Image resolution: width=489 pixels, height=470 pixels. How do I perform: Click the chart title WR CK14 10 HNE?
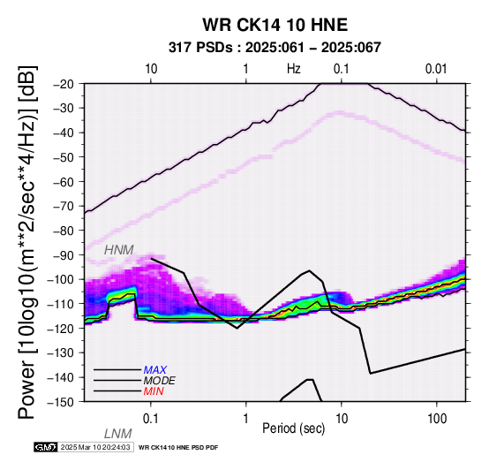pos(275,25)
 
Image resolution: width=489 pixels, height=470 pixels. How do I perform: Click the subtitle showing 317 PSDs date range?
pos(275,48)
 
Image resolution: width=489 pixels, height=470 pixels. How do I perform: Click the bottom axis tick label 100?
pos(437,419)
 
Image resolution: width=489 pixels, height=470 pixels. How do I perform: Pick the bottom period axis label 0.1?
pos(151,419)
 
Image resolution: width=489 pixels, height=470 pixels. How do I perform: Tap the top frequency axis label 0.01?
pos(436,69)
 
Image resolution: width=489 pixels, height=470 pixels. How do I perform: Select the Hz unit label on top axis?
pos(293,69)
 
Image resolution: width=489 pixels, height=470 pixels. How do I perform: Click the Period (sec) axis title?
pos(293,428)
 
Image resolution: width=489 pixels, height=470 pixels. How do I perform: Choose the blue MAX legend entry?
pos(155,370)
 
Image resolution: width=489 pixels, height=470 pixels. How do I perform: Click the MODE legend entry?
pos(160,381)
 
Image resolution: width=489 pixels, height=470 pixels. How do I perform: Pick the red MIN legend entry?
pos(154,391)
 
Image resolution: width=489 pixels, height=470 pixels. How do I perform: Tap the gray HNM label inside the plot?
pos(119,250)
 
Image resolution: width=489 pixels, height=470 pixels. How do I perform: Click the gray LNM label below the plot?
pos(118,434)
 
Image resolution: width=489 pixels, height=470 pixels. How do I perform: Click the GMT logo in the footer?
pos(46,447)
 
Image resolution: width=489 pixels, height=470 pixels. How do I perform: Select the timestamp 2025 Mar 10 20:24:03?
pos(95,447)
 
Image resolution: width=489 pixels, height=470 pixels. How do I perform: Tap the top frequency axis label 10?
pos(151,69)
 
